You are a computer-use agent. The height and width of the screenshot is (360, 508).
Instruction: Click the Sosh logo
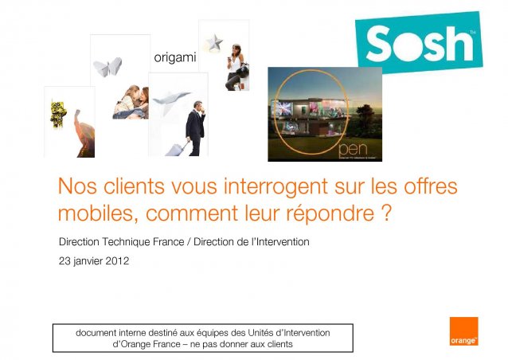[x=419, y=42]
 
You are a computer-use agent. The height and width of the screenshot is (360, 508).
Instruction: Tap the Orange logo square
[x=463, y=331]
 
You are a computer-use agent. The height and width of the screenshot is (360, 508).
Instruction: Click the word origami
[x=175, y=58]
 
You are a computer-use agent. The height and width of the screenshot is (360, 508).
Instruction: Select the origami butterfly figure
[x=107, y=67]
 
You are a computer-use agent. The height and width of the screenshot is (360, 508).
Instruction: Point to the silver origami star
[x=215, y=42]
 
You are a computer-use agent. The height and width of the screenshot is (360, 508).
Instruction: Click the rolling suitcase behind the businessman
[x=177, y=149]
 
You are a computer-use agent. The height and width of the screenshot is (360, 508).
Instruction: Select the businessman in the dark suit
[x=195, y=128]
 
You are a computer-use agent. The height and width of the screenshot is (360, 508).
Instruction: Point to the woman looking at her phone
[x=236, y=67]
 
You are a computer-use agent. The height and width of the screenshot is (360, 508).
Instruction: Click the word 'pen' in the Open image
[x=354, y=150]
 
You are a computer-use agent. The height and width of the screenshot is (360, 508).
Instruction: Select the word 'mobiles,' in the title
[x=98, y=213]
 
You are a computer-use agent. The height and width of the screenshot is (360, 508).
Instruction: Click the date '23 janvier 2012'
[x=94, y=261]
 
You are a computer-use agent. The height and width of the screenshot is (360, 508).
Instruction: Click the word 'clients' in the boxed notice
[x=280, y=344]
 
